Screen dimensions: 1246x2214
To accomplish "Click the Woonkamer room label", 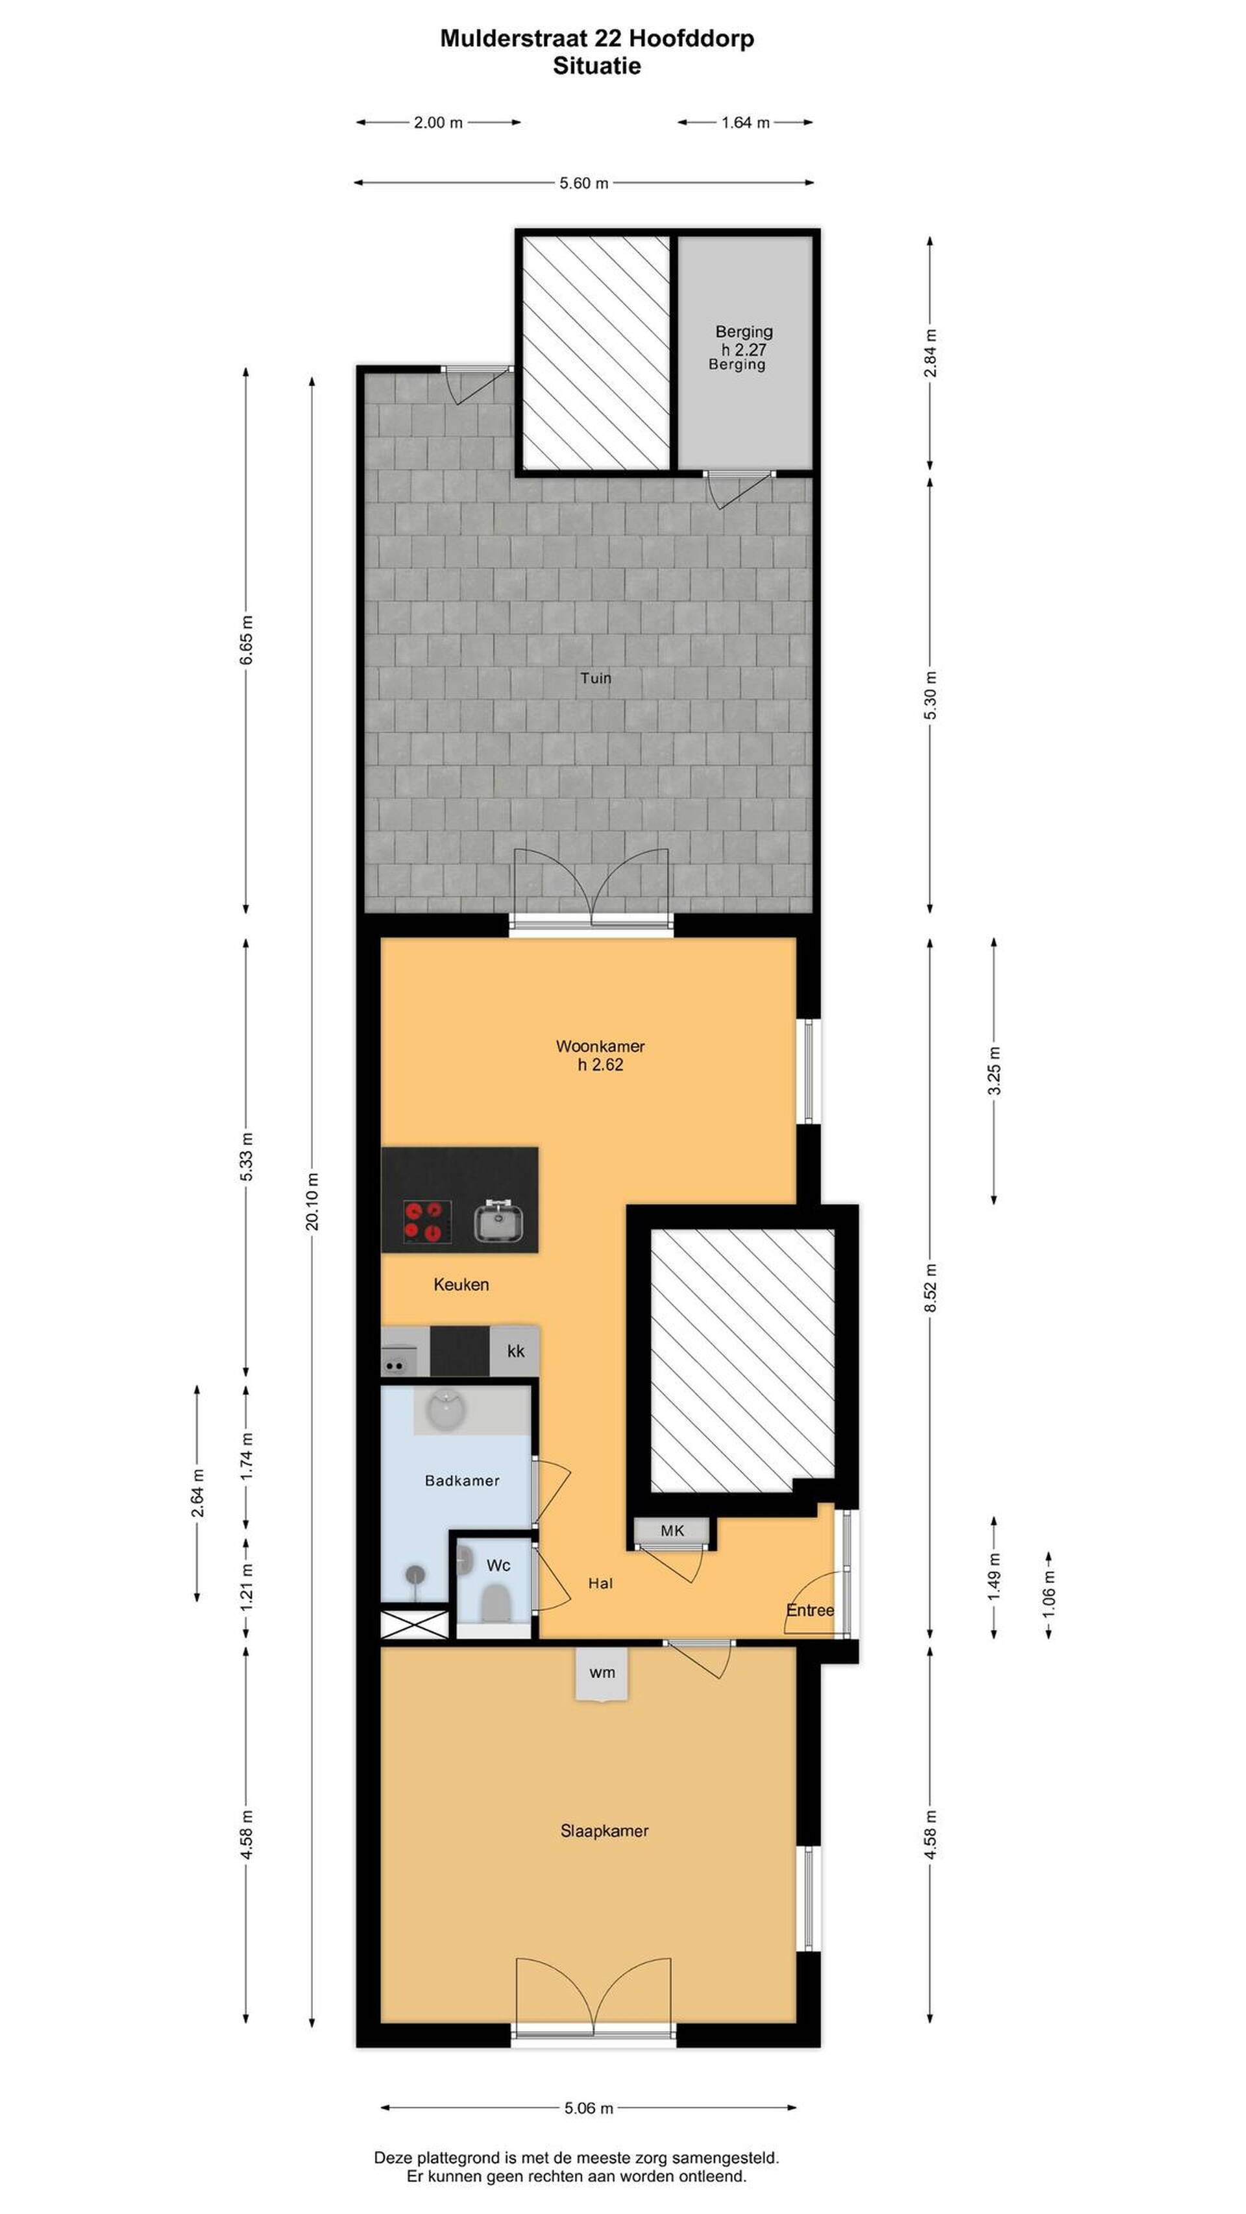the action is pyautogui.click(x=600, y=1046).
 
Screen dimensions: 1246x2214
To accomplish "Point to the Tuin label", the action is pyautogui.click(x=595, y=678).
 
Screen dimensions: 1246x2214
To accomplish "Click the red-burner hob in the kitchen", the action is pyautogui.click(x=428, y=1220).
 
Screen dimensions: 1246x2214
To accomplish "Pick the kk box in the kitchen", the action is pyautogui.click(x=515, y=1351).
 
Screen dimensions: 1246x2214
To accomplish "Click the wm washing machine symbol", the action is pyautogui.click(x=602, y=1672).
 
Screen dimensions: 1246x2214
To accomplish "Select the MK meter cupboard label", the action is pyautogui.click(x=672, y=1530).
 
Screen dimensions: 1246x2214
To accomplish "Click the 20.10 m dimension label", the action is pyautogui.click(x=312, y=1201).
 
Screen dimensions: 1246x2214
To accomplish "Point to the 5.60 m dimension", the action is pyautogui.click(x=584, y=183).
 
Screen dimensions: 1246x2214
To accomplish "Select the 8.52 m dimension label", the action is pyautogui.click(x=929, y=1288).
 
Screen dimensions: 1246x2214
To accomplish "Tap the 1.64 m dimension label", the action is pyautogui.click(x=744, y=122).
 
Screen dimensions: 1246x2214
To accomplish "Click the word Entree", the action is pyautogui.click(x=810, y=1610).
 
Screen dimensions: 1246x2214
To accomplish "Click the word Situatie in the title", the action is pyautogui.click(x=597, y=66).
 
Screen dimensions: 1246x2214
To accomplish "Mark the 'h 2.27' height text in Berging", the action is pyautogui.click(x=744, y=349).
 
